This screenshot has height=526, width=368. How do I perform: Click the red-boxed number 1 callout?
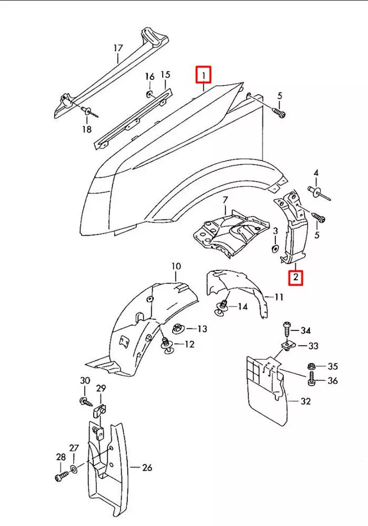coord(203,75)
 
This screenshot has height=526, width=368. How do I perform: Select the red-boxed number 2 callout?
coord(296,276)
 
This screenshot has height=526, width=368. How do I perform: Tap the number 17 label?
coord(118,48)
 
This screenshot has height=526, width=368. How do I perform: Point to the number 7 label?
coord(225,200)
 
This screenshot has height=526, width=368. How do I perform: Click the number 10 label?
coord(176,267)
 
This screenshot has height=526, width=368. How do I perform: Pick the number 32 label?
coord(306,401)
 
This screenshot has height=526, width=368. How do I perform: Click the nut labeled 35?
coord(311,366)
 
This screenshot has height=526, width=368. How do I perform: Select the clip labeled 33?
coord(287,345)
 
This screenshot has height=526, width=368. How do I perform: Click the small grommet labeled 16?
coord(150,94)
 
